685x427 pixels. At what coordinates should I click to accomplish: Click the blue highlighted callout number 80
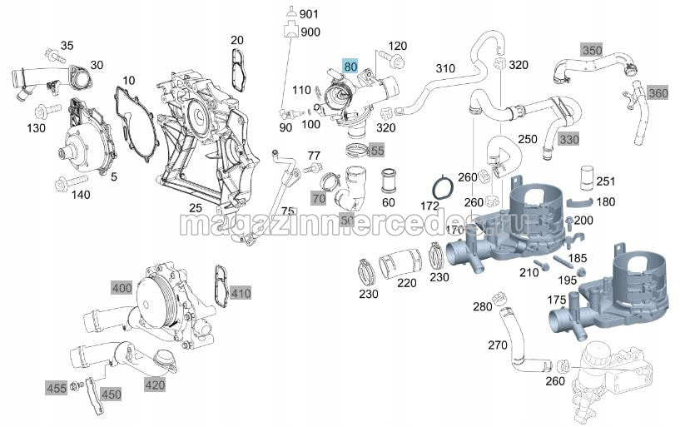[350, 66]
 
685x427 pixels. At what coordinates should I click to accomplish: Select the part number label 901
[310, 14]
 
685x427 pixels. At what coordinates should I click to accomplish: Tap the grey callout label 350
[591, 50]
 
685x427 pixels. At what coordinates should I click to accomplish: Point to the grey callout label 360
[658, 92]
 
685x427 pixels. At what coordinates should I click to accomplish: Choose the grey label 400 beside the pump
[122, 287]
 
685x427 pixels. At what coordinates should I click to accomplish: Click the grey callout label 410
[241, 293]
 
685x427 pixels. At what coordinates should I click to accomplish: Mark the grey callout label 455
[57, 387]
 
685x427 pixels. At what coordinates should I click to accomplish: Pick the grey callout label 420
[154, 384]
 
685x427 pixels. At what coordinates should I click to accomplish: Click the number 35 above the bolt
[67, 45]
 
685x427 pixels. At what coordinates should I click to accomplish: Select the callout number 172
[429, 204]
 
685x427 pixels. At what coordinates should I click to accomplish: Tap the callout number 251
[605, 181]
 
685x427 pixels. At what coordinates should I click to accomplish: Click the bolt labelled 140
[63, 182]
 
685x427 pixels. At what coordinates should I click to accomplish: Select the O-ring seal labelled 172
[444, 188]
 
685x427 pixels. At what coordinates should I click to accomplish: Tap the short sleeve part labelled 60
[389, 178]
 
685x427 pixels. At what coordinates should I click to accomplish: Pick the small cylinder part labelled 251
[587, 176]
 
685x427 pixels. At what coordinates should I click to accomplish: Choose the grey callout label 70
[318, 198]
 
